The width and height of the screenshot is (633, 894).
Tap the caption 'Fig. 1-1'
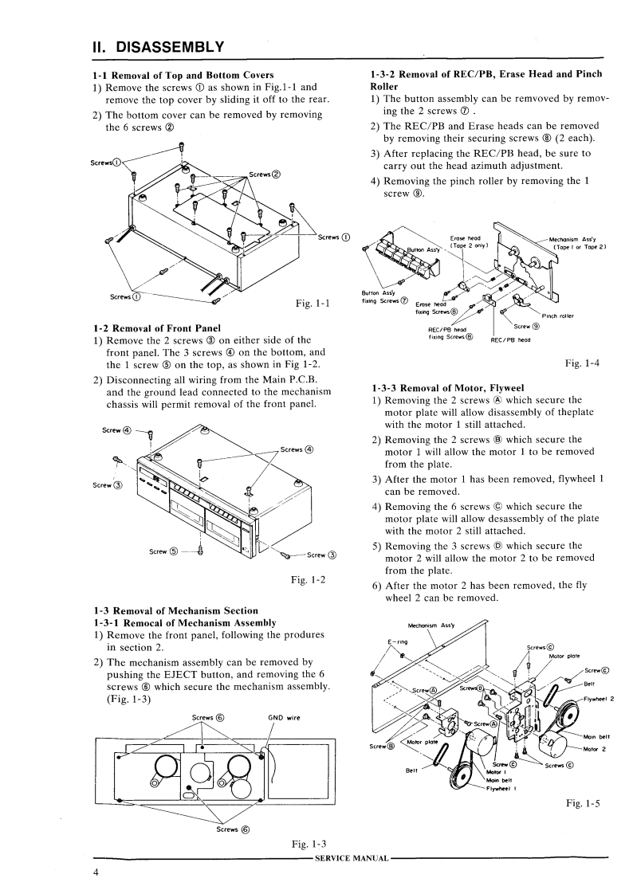(313, 303)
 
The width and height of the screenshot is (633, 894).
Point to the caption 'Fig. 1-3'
(312, 844)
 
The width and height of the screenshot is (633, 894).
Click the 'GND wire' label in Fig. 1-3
(284, 717)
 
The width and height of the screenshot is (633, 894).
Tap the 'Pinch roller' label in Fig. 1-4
(557, 316)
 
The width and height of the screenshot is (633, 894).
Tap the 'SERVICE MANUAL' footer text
(352, 857)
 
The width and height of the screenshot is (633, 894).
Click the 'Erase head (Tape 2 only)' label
(468, 241)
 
